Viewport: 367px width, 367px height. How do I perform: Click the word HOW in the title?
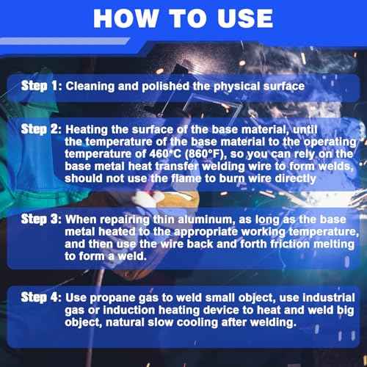(126, 18)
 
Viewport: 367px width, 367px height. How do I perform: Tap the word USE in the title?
(245, 18)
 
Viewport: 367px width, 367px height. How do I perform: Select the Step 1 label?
(41, 86)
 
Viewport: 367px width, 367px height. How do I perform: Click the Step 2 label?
(41, 129)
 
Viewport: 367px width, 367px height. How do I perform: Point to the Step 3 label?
(41, 219)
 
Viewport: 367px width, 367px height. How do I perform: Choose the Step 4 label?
(41, 297)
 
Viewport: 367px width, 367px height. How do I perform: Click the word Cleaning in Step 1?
(90, 87)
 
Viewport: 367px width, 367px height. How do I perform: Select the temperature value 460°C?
(165, 154)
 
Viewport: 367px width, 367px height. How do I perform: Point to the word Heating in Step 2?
(87, 130)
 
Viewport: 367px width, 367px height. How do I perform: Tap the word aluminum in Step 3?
(206, 219)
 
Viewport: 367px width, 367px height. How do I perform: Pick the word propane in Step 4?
(112, 298)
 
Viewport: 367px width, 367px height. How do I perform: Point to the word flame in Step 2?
(186, 178)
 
